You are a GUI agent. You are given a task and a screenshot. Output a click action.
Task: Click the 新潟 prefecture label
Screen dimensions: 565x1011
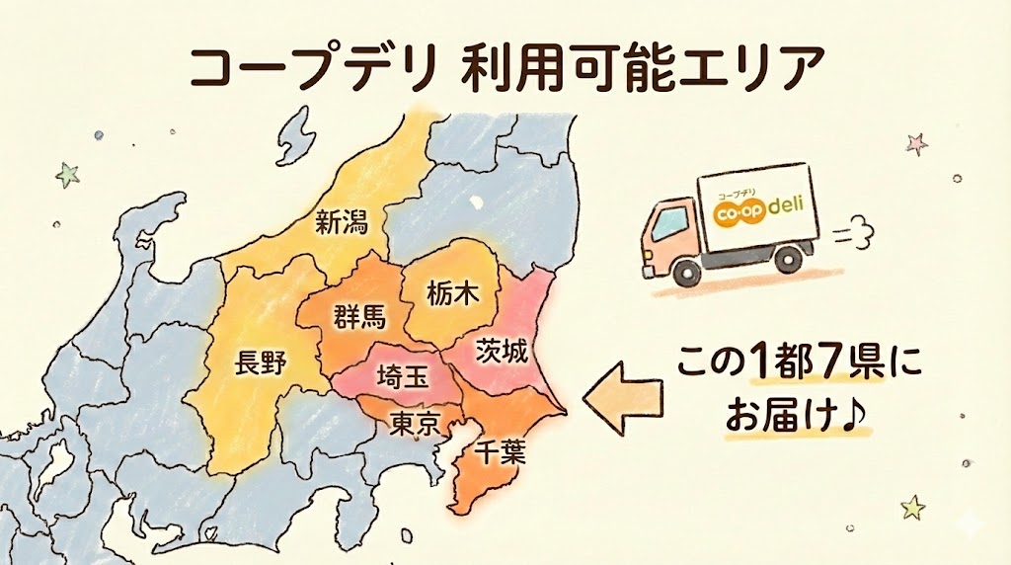point(342,222)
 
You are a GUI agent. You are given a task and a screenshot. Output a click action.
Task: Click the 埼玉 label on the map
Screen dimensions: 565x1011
point(404,376)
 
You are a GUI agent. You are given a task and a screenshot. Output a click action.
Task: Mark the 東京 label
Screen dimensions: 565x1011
point(415,424)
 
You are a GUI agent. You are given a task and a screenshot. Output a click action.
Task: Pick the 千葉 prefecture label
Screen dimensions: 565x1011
point(501,453)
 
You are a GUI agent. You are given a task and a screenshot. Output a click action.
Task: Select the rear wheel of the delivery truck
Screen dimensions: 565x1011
point(787,259)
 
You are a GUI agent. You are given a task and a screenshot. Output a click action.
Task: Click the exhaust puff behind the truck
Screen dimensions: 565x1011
point(852,235)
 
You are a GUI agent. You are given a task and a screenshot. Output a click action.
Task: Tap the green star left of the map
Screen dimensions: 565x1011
point(68,175)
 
